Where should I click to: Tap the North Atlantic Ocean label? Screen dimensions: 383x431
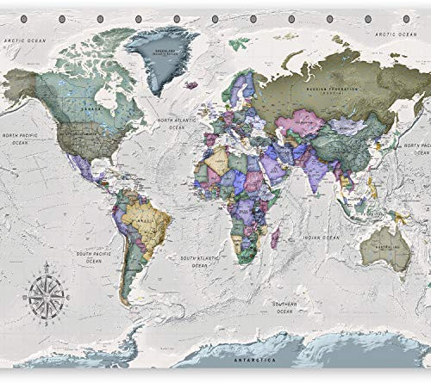tap(177, 125)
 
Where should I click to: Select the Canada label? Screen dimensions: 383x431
tap(86, 109)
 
